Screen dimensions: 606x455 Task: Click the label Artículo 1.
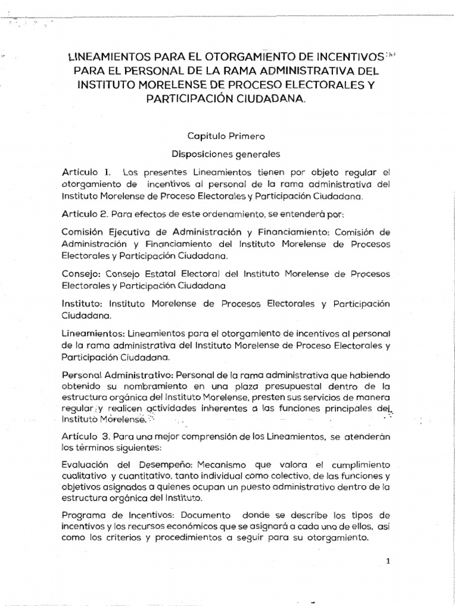coord(86,172)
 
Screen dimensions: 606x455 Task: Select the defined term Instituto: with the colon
coord(82,304)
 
